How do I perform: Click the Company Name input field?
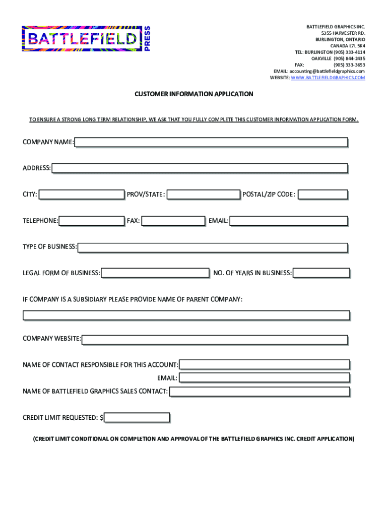(x=211, y=142)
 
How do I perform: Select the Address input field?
(x=200, y=168)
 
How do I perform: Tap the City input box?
(x=82, y=195)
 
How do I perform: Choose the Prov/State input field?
(x=204, y=195)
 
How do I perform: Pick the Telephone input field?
(x=92, y=221)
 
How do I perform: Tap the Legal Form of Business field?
(x=155, y=273)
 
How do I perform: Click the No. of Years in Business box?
(x=321, y=273)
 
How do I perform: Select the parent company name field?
(x=186, y=315)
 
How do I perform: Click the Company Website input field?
(x=215, y=340)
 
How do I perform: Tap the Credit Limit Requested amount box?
(x=137, y=417)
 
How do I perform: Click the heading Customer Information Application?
(x=193, y=94)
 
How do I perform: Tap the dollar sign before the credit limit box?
(x=101, y=418)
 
